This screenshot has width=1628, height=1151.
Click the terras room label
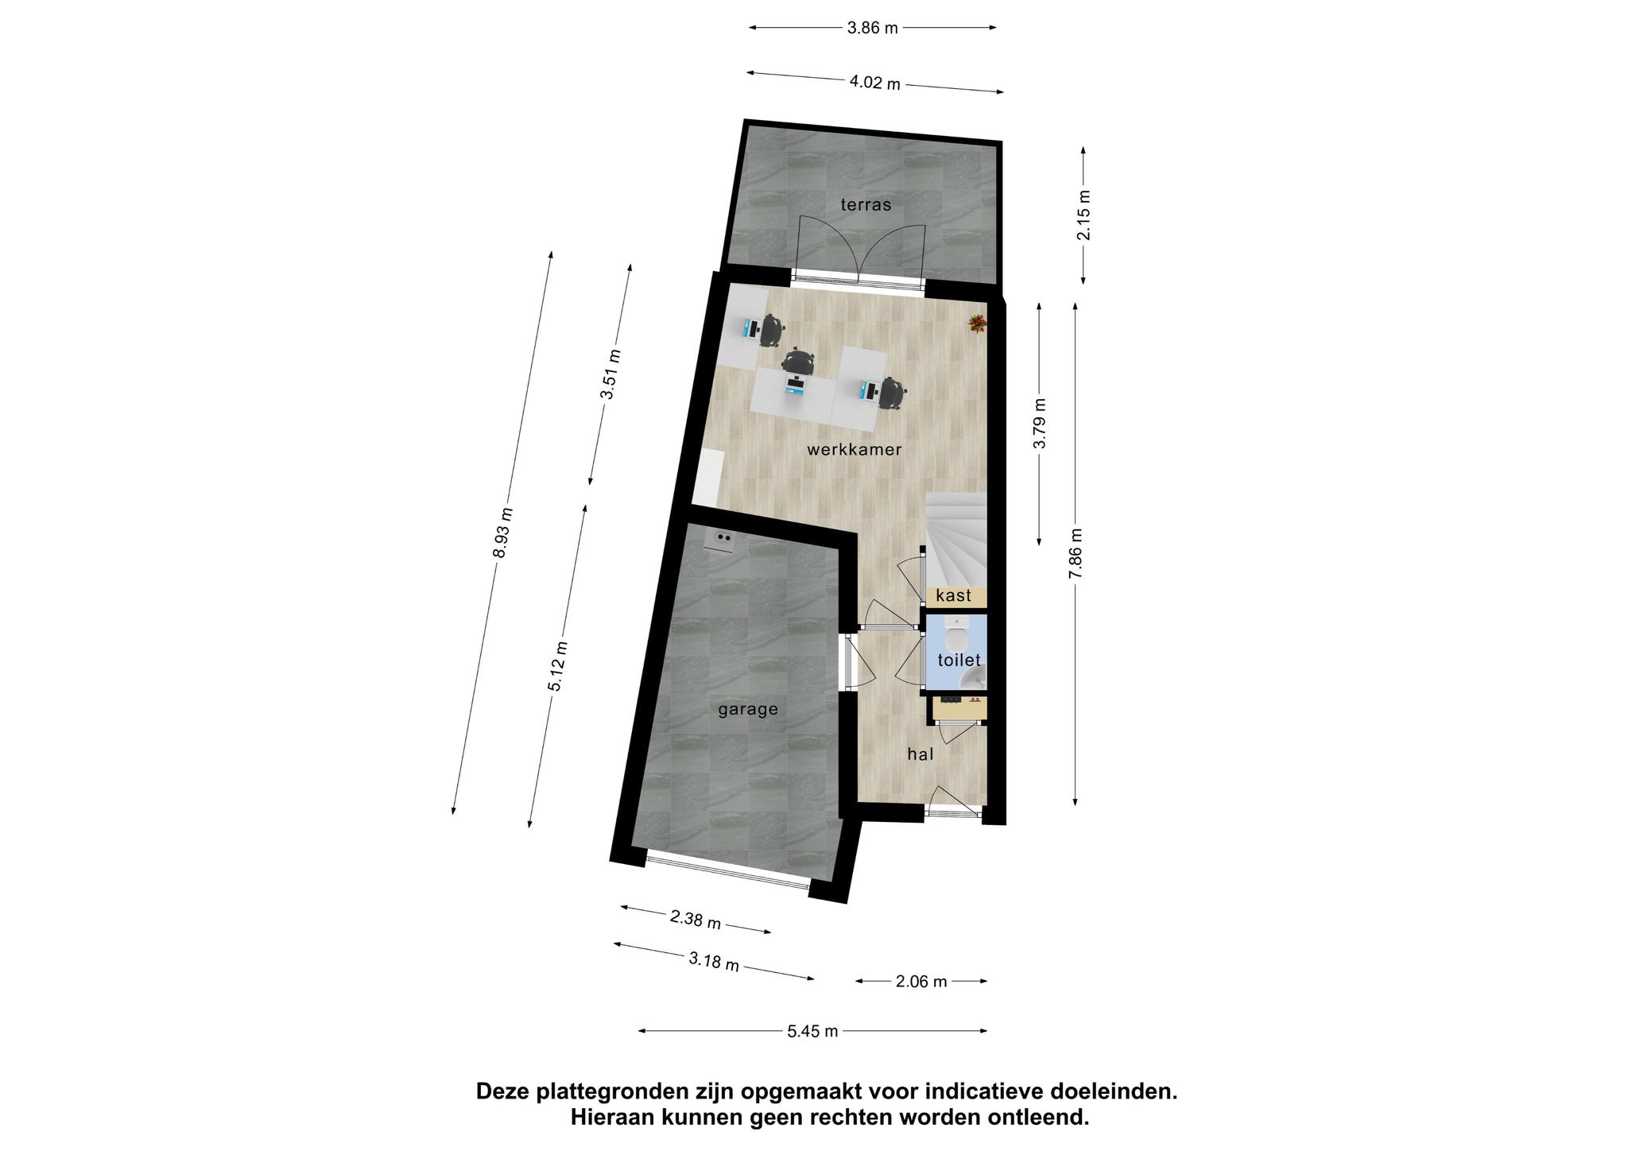[866, 204]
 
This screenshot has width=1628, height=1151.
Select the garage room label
[747, 710]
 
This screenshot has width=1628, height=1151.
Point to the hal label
[921, 754]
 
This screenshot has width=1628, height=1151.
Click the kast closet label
[953, 595]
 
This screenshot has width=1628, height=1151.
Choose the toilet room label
[959, 660]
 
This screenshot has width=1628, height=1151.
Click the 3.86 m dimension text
[872, 28]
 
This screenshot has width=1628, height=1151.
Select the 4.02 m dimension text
[874, 83]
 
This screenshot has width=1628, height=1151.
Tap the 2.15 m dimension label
[1084, 215]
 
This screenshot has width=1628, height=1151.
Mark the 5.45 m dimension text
[812, 1031]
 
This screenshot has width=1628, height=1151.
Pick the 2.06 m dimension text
[921, 981]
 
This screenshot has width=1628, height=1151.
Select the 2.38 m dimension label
[696, 920]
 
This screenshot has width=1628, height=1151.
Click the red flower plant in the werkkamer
[976, 322]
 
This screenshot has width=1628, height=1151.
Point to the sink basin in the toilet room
[975, 678]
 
